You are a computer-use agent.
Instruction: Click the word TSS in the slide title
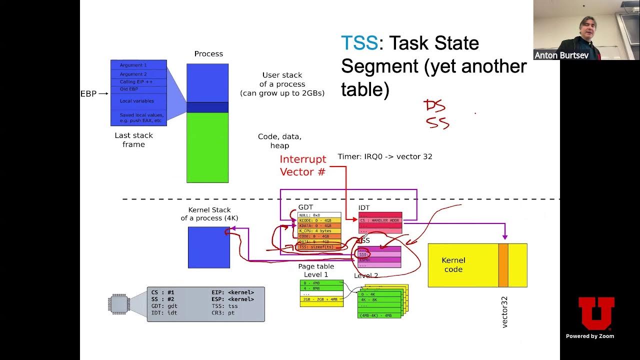coord(359,43)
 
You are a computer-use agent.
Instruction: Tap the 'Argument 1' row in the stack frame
coord(133,65)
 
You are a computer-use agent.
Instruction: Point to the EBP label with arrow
coord(94,93)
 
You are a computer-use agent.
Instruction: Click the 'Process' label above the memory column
coord(208,53)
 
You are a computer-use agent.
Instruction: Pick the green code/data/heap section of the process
coord(207,147)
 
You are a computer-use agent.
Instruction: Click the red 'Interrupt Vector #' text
coord(302,165)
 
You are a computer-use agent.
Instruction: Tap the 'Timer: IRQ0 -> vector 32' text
coord(385,156)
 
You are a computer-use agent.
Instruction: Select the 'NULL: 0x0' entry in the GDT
coord(310,215)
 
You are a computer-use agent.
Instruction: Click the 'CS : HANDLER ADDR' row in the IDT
coord(380,220)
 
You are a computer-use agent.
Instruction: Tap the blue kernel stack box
coord(208,247)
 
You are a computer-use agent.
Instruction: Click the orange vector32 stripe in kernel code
coord(503,265)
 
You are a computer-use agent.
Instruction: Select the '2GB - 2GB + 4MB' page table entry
coord(321,299)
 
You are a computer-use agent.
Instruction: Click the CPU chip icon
coord(118,303)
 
